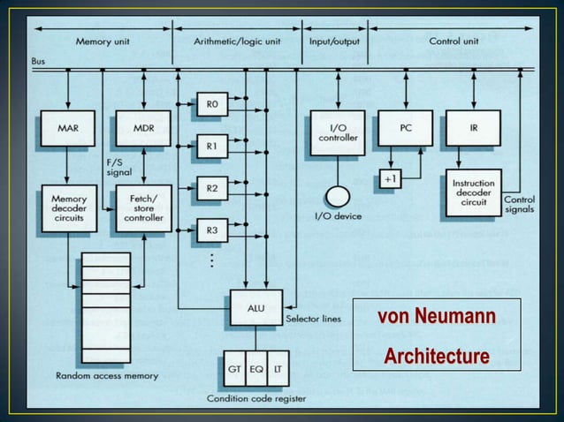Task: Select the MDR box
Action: pos(144,128)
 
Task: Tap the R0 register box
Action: pos(211,104)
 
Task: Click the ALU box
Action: pos(255,304)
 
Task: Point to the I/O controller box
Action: pos(337,132)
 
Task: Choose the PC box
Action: pos(406,128)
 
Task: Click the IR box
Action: pos(474,128)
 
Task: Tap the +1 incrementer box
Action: pos(390,178)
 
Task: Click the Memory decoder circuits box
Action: pos(68,208)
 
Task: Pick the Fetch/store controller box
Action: pos(144,208)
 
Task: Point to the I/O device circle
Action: pos(337,196)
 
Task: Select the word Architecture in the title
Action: pos(436,356)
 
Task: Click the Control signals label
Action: pos(518,206)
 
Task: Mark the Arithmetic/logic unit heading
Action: pos(236,41)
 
